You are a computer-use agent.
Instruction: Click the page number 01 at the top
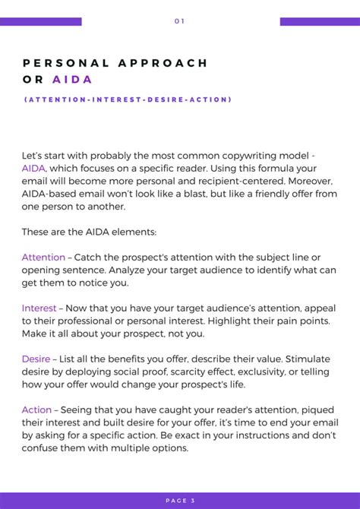tap(179, 21)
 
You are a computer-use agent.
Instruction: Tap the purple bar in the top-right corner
tap(320, 21)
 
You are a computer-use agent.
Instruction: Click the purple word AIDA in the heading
tap(72, 80)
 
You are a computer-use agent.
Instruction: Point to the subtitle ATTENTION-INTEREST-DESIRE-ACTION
tap(127, 100)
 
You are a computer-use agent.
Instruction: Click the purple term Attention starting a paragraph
tap(43, 258)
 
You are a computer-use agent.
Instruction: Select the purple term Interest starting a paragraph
tap(39, 308)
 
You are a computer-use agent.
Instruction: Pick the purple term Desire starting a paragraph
tap(35, 359)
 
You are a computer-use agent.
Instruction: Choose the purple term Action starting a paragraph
tap(36, 410)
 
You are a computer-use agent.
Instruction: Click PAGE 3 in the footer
tap(180, 501)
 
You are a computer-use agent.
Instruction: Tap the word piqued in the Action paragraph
tap(317, 410)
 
